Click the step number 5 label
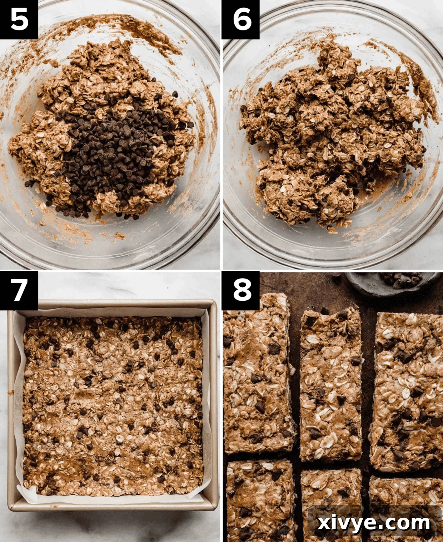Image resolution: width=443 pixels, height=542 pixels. pyautogui.click(x=19, y=19)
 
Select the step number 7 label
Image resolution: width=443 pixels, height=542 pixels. pyautogui.click(x=19, y=290)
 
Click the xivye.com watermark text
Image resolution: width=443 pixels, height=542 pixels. pyautogui.click(x=374, y=523)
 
